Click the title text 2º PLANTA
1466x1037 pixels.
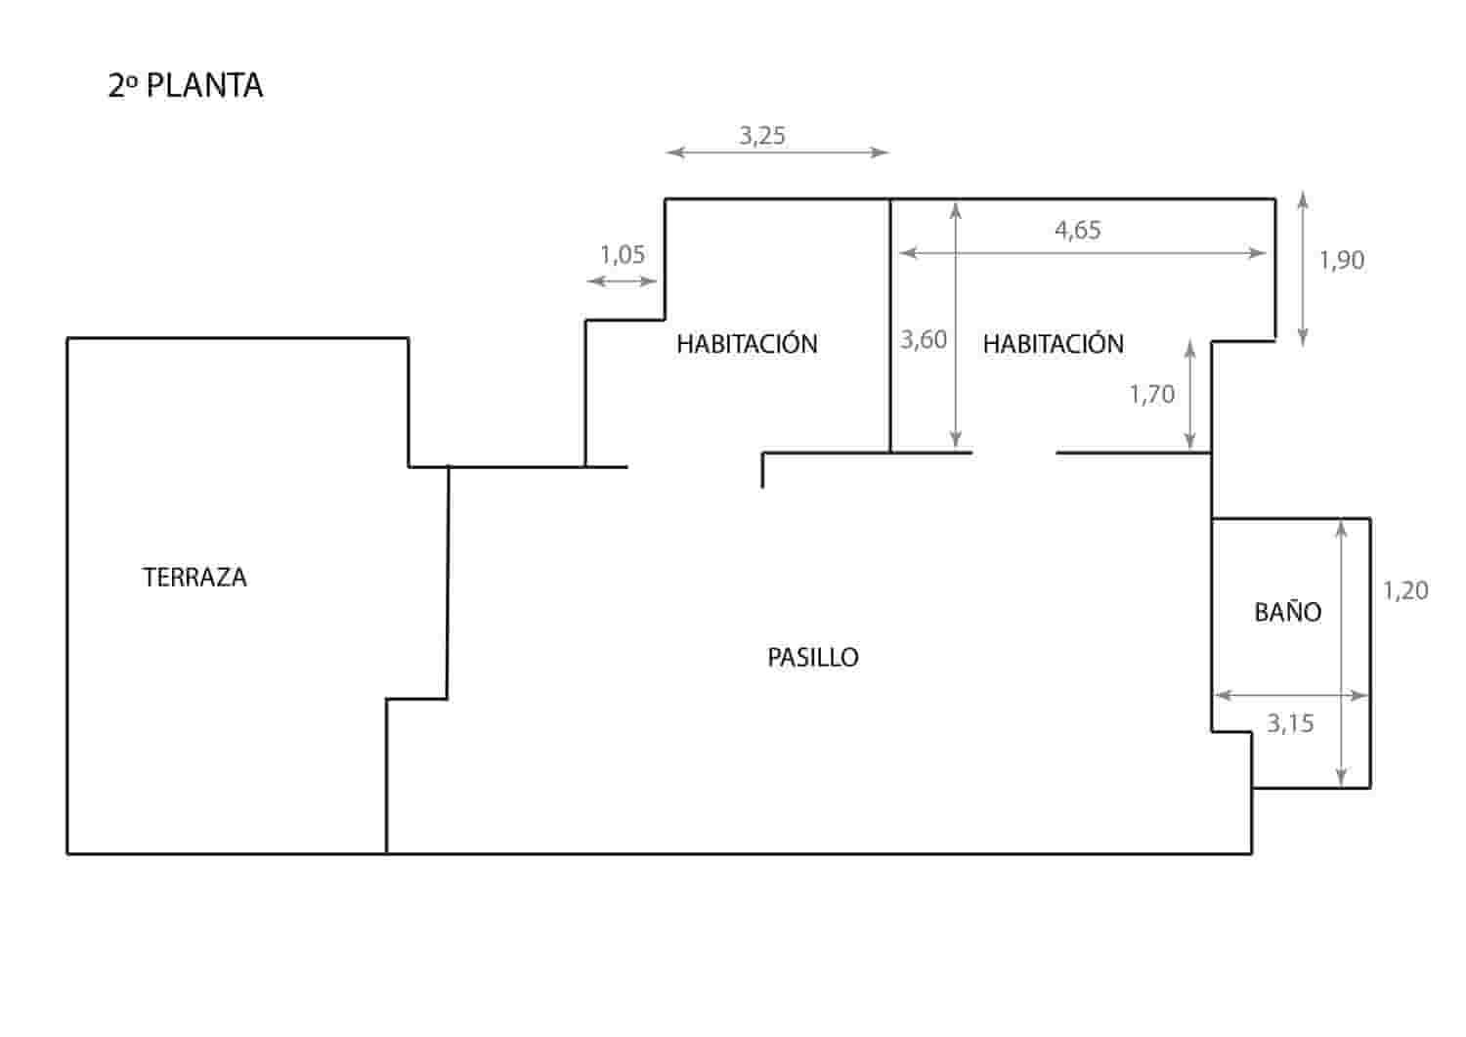pyautogui.click(x=186, y=85)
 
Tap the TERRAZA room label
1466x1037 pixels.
pyautogui.click(x=194, y=578)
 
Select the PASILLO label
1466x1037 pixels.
pyautogui.click(x=812, y=658)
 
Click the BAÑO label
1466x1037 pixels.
pyautogui.click(x=1287, y=613)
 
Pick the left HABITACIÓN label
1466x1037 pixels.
pyautogui.click(x=747, y=344)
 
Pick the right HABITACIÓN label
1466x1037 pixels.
pyautogui.click(x=1053, y=344)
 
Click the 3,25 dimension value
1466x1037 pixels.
pyautogui.click(x=762, y=136)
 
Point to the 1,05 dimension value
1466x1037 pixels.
pyautogui.click(x=623, y=255)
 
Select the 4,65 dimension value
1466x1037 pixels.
pyautogui.click(x=1078, y=230)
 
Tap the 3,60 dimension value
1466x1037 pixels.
pyautogui.click(x=924, y=339)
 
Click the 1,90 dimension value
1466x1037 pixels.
pyautogui.click(x=1341, y=260)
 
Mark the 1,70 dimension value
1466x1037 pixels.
pyautogui.click(x=1151, y=394)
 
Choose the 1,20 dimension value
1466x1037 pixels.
pyautogui.click(x=1404, y=590)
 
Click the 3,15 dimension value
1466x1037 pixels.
pyautogui.click(x=1290, y=723)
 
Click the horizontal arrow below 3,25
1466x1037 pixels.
pyautogui.click(x=777, y=152)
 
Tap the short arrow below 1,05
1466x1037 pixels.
pyautogui.click(x=623, y=281)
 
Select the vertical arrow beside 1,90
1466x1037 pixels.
pyautogui.click(x=1302, y=269)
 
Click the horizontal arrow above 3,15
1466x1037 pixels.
pyautogui.click(x=1290, y=696)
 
